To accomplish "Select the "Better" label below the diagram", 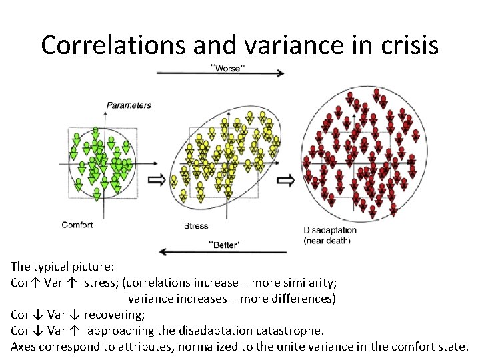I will pos(225,245).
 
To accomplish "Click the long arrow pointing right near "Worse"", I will pos(220,74).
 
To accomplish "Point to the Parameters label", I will pos(129,105).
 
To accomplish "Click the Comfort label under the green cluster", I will pos(77,225).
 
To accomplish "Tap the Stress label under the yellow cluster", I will pos(196,226).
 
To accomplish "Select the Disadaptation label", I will pos(330,230).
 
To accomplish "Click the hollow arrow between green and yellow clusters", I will pos(155,179).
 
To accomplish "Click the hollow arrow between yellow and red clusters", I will pos(286,179).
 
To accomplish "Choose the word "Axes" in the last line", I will pos(23,346).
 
